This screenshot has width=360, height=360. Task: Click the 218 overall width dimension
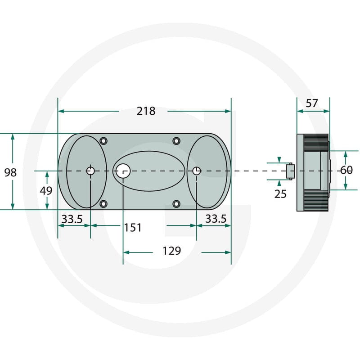coord(146,111)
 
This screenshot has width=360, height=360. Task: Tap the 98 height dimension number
coord(10,173)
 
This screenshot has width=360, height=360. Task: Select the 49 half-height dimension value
coord(46,190)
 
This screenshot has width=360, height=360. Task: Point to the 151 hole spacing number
coord(133,228)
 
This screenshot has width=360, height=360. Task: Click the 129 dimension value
coord(172,251)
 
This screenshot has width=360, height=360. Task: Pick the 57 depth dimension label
coord(312,103)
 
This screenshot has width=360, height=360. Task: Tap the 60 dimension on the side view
coord(346,170)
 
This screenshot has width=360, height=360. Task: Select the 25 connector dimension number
coord(280,194)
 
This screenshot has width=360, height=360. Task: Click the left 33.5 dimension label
coord(72,219)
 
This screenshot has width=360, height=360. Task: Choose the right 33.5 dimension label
coord(216,219)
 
